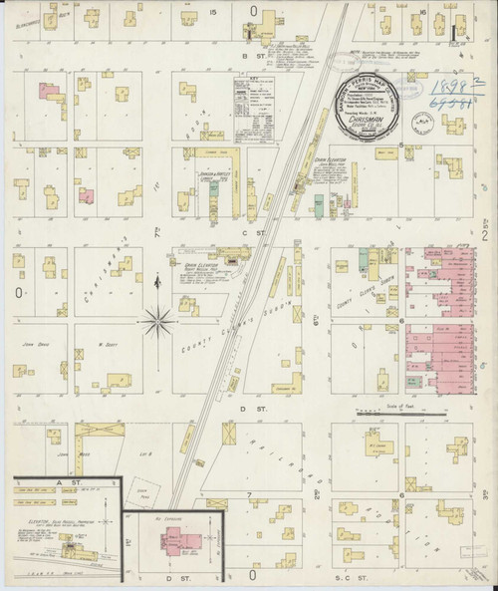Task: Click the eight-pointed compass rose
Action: (x=157, y=320)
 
